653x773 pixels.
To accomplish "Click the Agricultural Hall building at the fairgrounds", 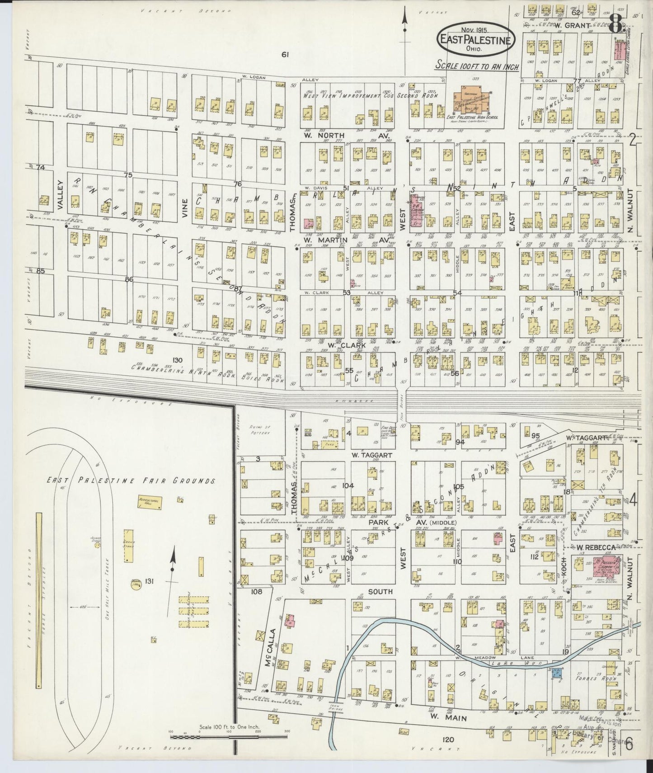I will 150,503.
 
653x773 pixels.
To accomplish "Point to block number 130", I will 177,360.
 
